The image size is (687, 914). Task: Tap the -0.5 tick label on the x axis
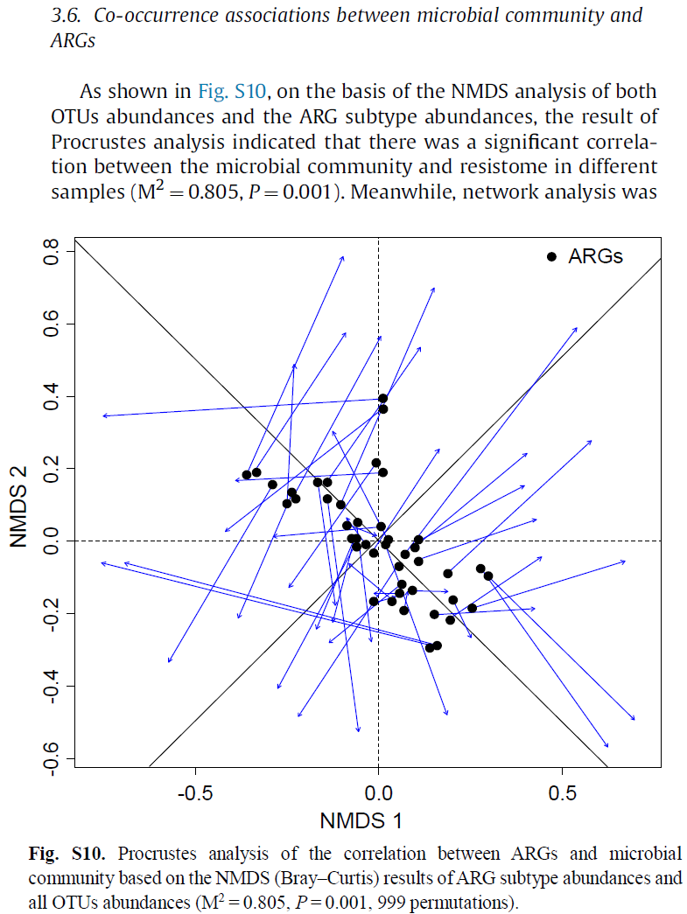click(194, 793)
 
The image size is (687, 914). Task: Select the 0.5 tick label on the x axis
click(562, 793)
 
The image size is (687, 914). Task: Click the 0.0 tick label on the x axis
click(378, 793)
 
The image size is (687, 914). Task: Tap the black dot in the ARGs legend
click(551, 256)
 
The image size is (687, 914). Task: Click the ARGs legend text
click(595, 256)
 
